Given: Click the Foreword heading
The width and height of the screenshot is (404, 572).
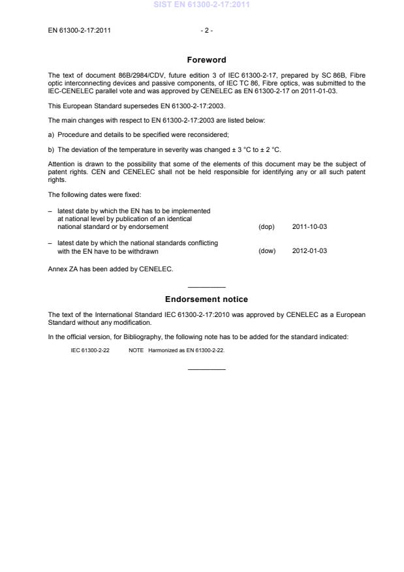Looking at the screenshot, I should click(206, 60).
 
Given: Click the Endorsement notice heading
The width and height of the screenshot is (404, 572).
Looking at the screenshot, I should click(206, 299).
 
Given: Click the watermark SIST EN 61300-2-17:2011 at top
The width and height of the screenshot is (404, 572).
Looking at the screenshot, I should click(202, 5).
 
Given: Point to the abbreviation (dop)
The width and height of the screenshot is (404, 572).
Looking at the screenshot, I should click(266, 227).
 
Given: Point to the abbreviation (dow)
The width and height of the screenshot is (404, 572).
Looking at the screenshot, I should click(267, 251).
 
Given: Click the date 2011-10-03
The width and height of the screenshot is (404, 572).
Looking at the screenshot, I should click(310, 227).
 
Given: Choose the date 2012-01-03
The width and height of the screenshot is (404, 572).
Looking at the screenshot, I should click(310, 251).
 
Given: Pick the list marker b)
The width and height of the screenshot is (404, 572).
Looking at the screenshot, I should click(52, 150).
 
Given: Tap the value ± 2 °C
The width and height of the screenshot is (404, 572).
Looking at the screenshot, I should click(269, 150).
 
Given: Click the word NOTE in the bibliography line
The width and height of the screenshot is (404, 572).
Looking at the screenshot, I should click(136, 350).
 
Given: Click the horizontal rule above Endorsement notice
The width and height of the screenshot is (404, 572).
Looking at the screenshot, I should click(206, 287).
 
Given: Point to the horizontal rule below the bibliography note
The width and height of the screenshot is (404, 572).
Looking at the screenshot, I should click(206, 370).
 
